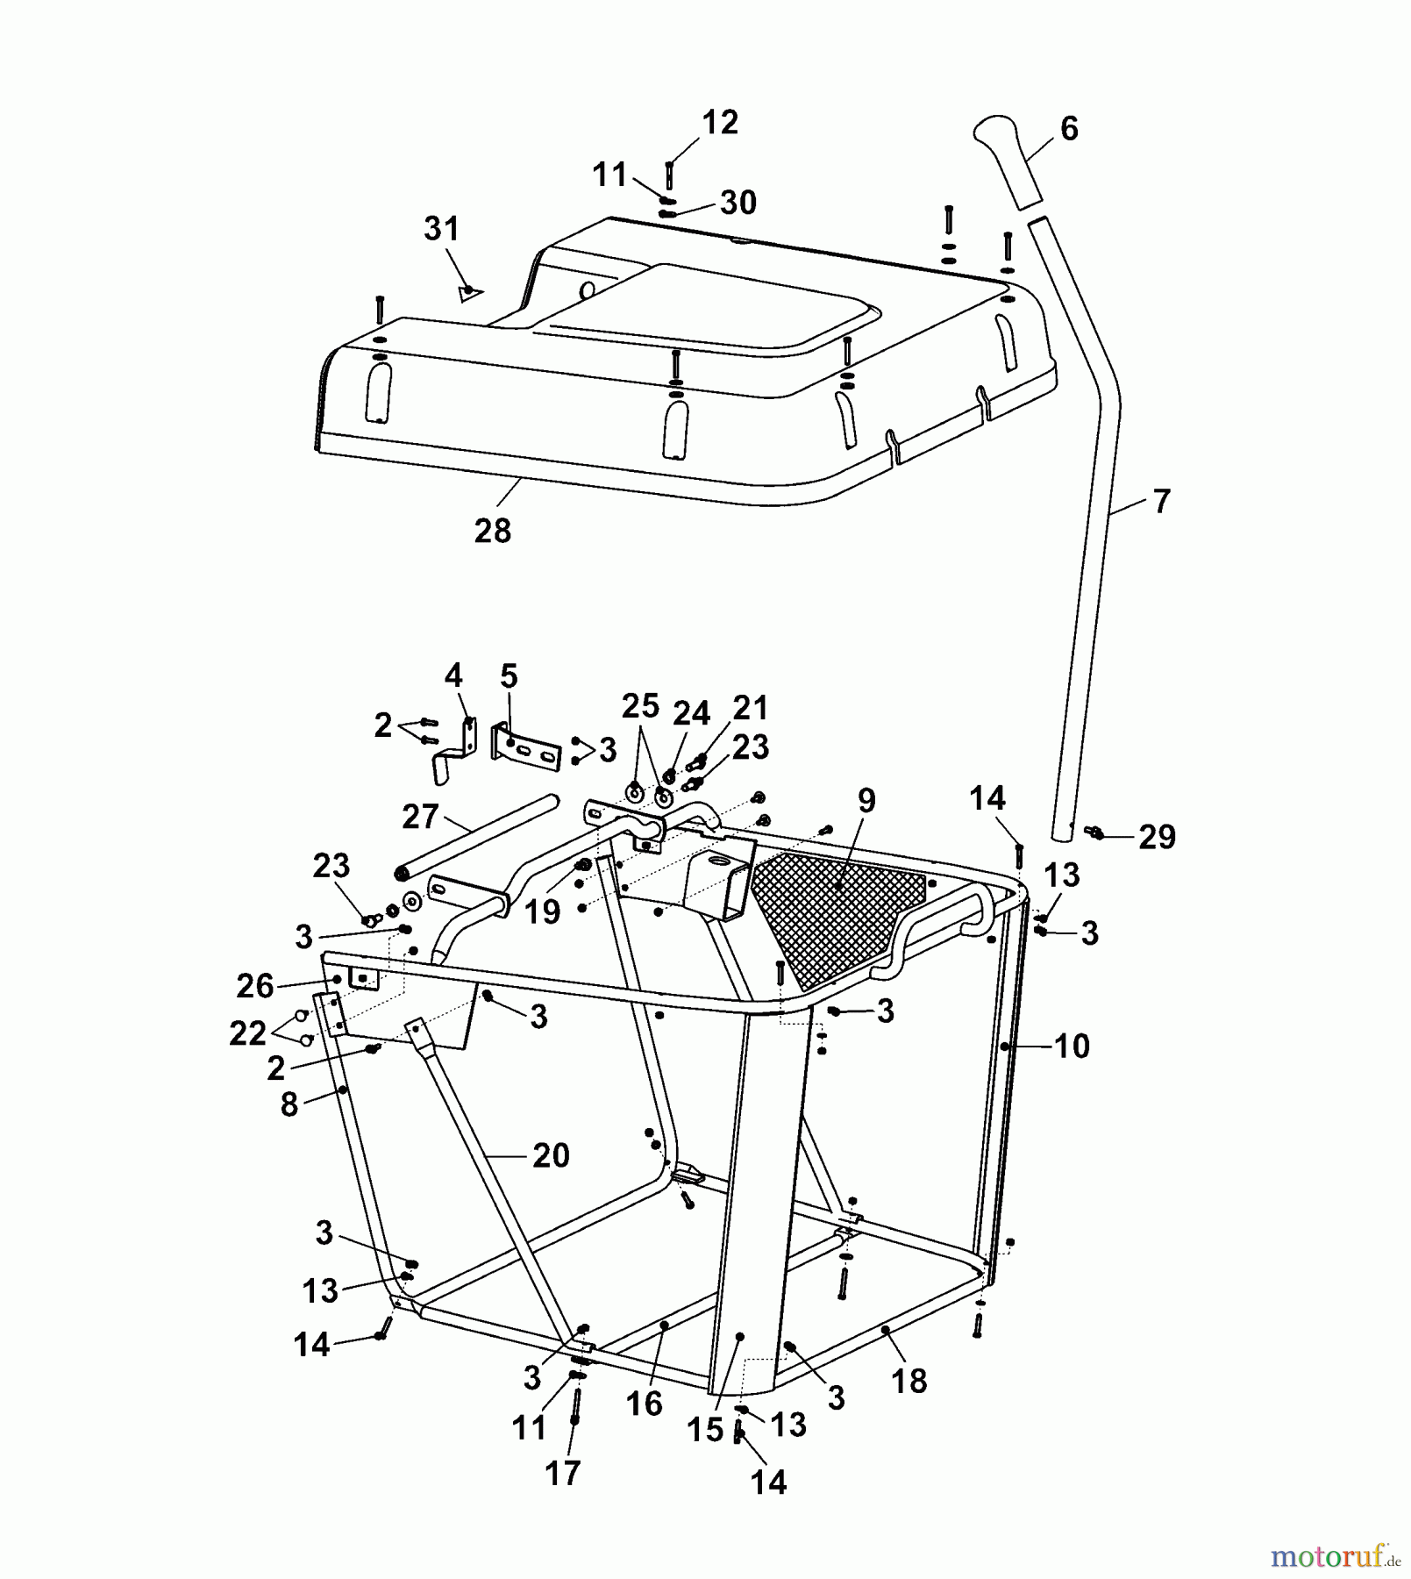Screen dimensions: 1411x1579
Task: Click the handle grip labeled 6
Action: pos(1007,161)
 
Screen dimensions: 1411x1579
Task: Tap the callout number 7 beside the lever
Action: pos(1161,502)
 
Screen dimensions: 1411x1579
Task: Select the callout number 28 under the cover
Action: pos(493,531)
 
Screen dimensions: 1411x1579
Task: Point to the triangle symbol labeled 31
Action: pos(471,292)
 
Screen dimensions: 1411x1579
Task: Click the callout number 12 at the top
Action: pos(721,123)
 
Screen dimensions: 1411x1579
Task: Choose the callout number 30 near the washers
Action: pos(738,203)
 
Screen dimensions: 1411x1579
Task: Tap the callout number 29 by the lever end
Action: pos(1158,838)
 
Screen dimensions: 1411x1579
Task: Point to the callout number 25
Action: pos(640,705)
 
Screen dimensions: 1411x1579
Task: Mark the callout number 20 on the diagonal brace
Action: pos(552,1155)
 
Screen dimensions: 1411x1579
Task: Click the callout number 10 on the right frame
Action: pos(1072,1046)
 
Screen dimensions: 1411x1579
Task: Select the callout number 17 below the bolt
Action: pos(563,1473)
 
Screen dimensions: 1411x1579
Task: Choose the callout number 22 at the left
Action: pos(247,1033)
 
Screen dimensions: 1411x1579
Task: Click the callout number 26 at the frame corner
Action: pos(255,986)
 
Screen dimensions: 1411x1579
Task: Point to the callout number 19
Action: pos(542,912)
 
